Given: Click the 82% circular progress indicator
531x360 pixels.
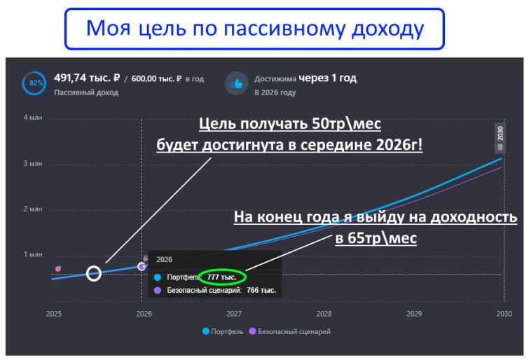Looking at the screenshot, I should (x=34, y=83).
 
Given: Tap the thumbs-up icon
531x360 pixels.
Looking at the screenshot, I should (x=237, y=83).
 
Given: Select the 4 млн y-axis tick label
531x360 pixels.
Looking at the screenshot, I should (x=33, y=118).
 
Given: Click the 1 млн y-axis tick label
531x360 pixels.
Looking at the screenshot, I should (x=33, y=254).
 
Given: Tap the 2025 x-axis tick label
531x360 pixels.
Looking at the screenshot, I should (x=54, y=314).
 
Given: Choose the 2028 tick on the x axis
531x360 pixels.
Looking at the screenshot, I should (x=324, y=314).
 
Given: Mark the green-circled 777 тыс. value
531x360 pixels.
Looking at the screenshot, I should (x=221, y=277).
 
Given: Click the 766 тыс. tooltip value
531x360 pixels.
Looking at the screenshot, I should (x=261, y=289).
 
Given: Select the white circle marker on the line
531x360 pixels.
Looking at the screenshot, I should (x=94, y=273).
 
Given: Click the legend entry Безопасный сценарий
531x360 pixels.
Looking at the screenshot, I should (x=294, y=331).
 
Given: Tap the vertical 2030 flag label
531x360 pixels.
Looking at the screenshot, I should (x=500, y=134).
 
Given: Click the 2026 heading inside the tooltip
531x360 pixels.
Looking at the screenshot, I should (x=164, y=259).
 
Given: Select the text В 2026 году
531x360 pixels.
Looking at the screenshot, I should (x=275, y=92).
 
